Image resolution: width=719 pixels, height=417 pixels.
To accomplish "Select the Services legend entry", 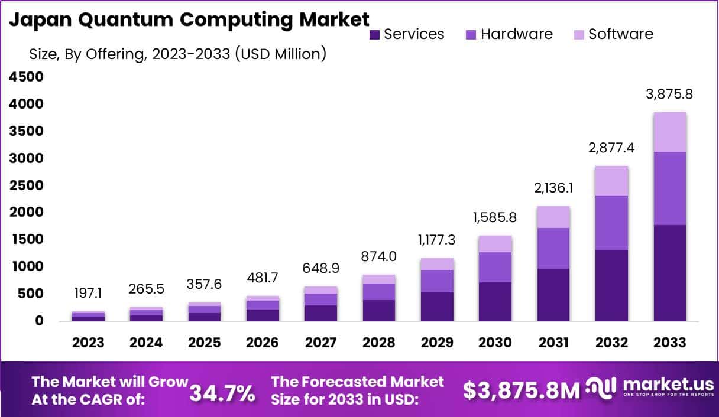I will (x=407, y=34).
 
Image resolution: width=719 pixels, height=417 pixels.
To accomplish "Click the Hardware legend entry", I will (x=509, y=34).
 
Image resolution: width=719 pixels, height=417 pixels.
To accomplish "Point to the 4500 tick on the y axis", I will (x=25, y=77).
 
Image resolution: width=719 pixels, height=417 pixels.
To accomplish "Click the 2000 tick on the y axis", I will (x=25, y=212).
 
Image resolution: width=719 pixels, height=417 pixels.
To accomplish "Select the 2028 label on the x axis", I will (x=379, y=343).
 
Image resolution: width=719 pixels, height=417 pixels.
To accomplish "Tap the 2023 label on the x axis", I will (x=88, y=343).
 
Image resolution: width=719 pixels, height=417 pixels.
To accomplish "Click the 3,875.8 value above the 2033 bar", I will (x=669, y=94).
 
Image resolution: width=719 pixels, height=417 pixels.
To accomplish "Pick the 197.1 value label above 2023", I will (x=88, y=294).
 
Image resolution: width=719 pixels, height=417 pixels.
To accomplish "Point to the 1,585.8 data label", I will (x=495, y=217).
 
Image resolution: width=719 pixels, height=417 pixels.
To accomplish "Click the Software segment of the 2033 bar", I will (x=669, y=132).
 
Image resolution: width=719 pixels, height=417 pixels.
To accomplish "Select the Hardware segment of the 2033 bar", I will (x=669, y=188).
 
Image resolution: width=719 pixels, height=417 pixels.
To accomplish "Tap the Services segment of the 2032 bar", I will (x=611, y=285).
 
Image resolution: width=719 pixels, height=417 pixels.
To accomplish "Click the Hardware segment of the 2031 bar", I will (x=553, y=248).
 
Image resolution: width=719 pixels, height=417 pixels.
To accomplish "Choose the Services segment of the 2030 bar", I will (x=495, y=301).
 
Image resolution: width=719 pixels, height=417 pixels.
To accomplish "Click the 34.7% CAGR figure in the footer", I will (x=222, y=392).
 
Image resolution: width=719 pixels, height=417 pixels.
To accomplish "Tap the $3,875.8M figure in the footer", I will (x=521, y=390).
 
